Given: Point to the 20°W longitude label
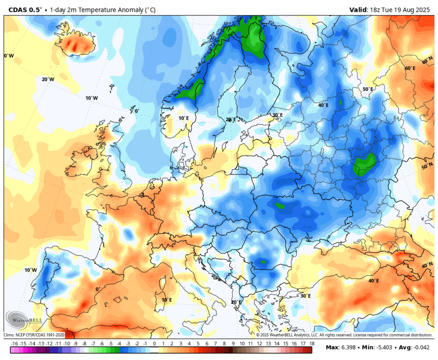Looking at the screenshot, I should click(48, 79).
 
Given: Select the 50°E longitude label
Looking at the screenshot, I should click(368, 89).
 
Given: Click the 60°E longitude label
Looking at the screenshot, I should click(410, 68).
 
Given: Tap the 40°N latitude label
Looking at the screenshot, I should click(427, 265).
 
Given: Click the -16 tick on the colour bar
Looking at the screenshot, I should click(15, 344).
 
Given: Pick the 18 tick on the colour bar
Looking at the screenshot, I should click(312, 344).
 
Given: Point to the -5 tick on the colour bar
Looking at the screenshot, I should click(111, 344).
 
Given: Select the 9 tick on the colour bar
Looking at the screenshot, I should click(233, 344).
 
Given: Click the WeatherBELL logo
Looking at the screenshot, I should click(18, 320).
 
